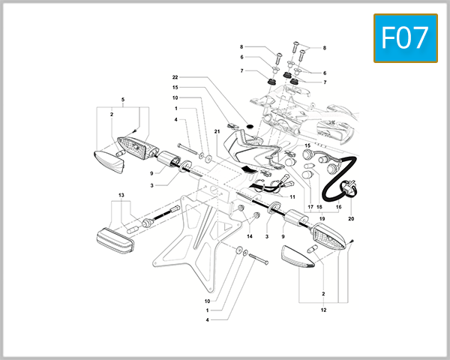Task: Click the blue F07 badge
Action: click(405, 38)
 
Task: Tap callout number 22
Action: click(175, 78)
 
